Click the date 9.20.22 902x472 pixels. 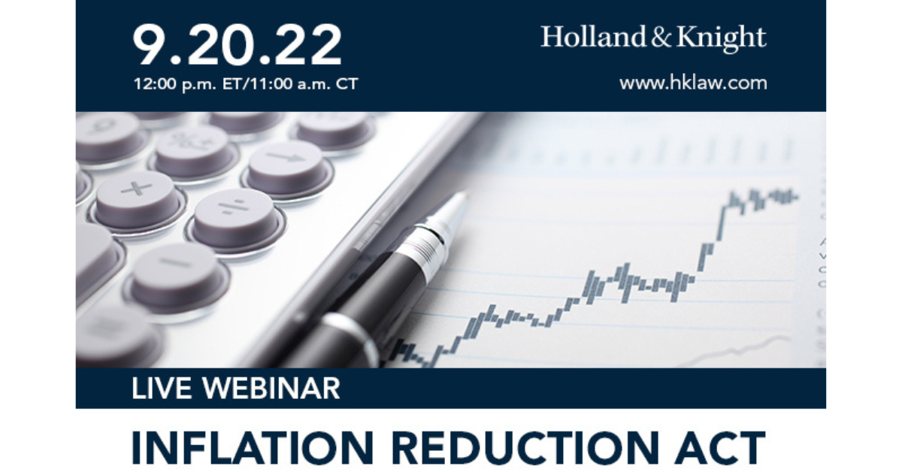coord(238,44)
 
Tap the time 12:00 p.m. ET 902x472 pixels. coord(187,83)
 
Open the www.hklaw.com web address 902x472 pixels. coord(693,83)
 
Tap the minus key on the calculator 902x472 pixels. coord(176,266)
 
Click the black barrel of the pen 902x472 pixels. coord(368,301)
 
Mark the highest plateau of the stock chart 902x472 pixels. coord(763,197)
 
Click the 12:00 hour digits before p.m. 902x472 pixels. coord(151,83)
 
